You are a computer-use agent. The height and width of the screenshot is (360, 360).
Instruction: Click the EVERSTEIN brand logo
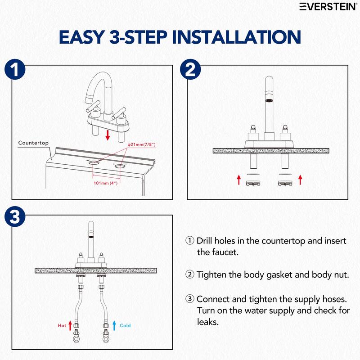(x=328, y=7)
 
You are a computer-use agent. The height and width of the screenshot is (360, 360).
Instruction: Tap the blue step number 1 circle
(x=15, y=69)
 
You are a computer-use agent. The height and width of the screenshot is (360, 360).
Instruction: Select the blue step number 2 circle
(x=190, y=69)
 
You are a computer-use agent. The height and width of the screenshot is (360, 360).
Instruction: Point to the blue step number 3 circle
(x=15, y=216)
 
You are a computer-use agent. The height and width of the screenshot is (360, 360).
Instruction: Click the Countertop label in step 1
(x=33, y=143)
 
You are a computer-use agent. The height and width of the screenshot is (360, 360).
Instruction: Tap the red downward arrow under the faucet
(x=108, y=135)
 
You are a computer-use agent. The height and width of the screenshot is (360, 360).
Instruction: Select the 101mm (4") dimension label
(x=106, y=183)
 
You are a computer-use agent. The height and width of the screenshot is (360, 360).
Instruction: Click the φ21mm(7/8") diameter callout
(x=142, y=144)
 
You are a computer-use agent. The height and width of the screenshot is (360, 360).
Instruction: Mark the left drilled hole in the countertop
(x=94, y=162)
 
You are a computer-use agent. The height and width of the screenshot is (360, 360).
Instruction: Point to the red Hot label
(x=62, y=325)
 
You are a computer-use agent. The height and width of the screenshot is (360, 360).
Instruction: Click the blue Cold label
(x=125, y=325)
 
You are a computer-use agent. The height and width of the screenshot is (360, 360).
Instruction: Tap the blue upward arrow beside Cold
(x=114, y=325)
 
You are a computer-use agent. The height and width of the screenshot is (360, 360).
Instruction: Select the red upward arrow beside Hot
(x=70, y=325)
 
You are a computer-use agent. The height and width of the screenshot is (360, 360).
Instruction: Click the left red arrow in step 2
(x=239, y=180)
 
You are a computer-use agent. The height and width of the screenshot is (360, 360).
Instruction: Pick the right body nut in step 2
(x=285, y=183)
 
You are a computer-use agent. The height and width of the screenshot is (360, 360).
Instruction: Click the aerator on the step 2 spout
(x=269, y=100)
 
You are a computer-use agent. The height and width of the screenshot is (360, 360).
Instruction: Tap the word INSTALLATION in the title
(x=237, y=37)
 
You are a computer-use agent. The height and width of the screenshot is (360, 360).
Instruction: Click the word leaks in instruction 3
(x=207, y=322)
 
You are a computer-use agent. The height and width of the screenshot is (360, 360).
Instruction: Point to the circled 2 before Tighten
(x=189, y=274)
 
